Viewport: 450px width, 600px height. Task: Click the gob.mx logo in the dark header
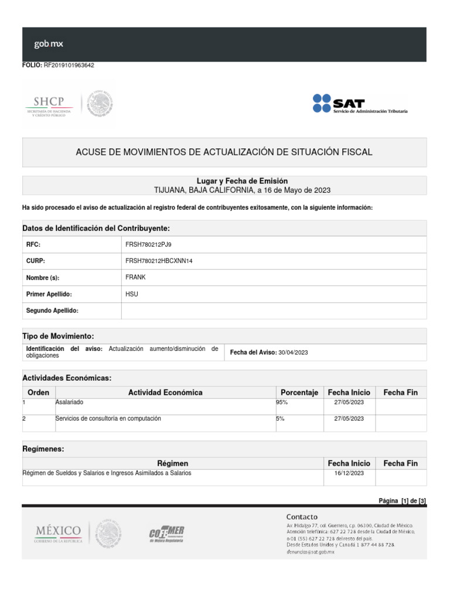pos(49,43)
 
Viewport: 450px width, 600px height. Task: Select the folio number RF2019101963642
pos(69,66)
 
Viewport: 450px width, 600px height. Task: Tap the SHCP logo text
pos(49,101)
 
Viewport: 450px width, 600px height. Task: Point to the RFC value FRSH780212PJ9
pos(148,244)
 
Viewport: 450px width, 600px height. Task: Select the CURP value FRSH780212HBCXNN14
pos(159,261)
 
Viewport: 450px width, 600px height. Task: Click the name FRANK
pos(135,277)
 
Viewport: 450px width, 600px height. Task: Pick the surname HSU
pos(132,294)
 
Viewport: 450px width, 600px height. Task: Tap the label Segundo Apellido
pos(52,311)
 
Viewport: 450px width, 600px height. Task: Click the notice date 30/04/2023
pos(293,352)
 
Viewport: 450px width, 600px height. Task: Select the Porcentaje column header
pos(299,393)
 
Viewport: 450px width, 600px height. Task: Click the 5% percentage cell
pos(280,419)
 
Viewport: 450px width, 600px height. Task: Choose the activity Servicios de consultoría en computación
pos(108,419)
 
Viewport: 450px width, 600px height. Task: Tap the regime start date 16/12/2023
pos(349,473)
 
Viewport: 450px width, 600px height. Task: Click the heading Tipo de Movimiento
pos(57,336)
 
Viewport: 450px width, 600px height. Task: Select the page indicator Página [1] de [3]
pos(402,500)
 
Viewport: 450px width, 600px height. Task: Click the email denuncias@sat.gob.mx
pos(310,552)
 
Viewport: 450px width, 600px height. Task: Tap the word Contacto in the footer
pos(302,517)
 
